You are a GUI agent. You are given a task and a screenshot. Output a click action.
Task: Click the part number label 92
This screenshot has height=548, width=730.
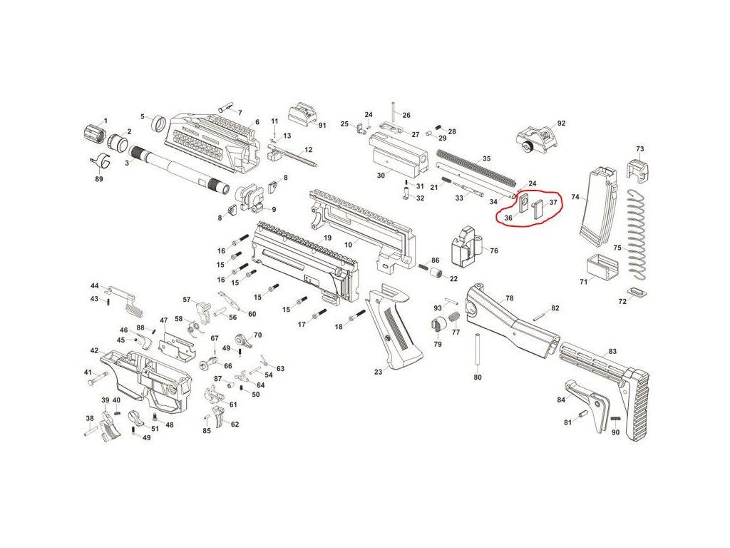[561, 123]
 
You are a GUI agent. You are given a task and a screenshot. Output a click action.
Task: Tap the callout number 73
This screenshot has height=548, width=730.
[639, 149]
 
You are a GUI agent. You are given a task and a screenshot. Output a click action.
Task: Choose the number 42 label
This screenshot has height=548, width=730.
[94, 350]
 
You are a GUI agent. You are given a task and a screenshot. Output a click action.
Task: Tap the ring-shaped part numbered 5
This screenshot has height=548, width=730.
[160, 123]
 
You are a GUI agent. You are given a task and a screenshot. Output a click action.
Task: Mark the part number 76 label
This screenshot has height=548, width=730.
[493, 250]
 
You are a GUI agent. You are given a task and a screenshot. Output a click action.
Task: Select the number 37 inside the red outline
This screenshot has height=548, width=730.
[552, 203]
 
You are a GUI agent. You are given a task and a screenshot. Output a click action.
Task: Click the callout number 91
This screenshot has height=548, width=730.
[322, 126]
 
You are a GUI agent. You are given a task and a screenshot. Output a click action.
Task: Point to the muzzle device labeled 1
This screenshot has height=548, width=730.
[94, 133]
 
